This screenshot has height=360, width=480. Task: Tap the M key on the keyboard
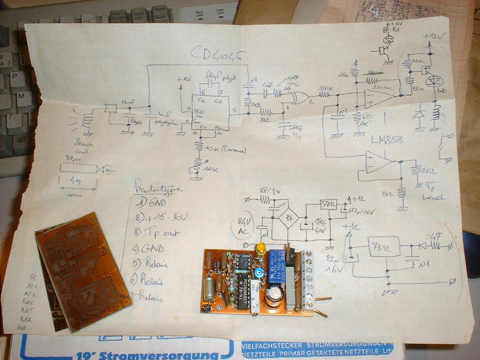coord(21,96)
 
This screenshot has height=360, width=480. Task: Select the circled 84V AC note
coord(244,226)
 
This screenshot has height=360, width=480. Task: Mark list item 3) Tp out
coord(157,233)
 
